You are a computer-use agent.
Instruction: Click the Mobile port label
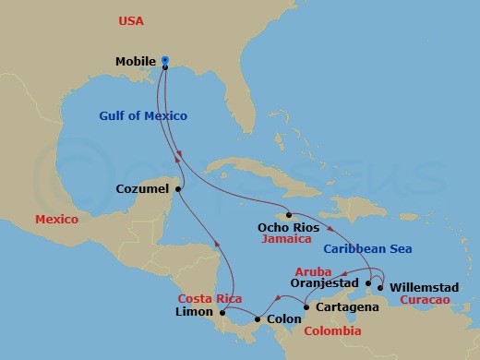pos(135,62)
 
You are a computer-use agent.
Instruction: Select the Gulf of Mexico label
pos(143,116)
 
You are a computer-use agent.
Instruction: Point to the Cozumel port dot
pos(179,189)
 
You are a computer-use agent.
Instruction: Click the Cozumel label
pos(142,189)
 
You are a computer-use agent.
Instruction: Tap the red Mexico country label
pos(56,220)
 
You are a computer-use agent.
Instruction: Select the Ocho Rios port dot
pos(289,215)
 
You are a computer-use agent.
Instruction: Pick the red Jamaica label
pos(286,237)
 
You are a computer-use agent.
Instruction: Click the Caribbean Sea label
pos(367,249)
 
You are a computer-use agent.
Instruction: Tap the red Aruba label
pos(312,271)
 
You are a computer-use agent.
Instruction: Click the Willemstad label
pos(421,287)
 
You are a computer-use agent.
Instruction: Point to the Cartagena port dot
pos(306,306)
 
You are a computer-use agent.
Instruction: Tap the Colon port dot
pos(256,319)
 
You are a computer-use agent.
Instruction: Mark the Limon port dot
pos(222,313)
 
